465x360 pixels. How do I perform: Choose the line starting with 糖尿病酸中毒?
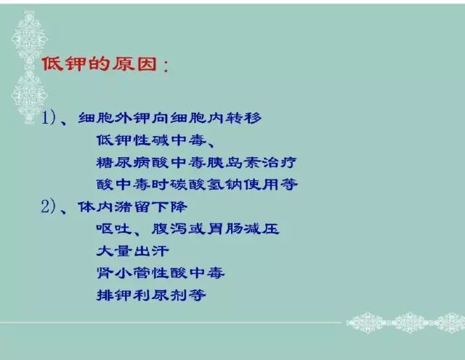click(196, 162)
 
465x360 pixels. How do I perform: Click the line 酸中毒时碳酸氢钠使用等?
click(196, 184)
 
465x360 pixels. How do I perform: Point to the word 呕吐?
click(113, 229)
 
